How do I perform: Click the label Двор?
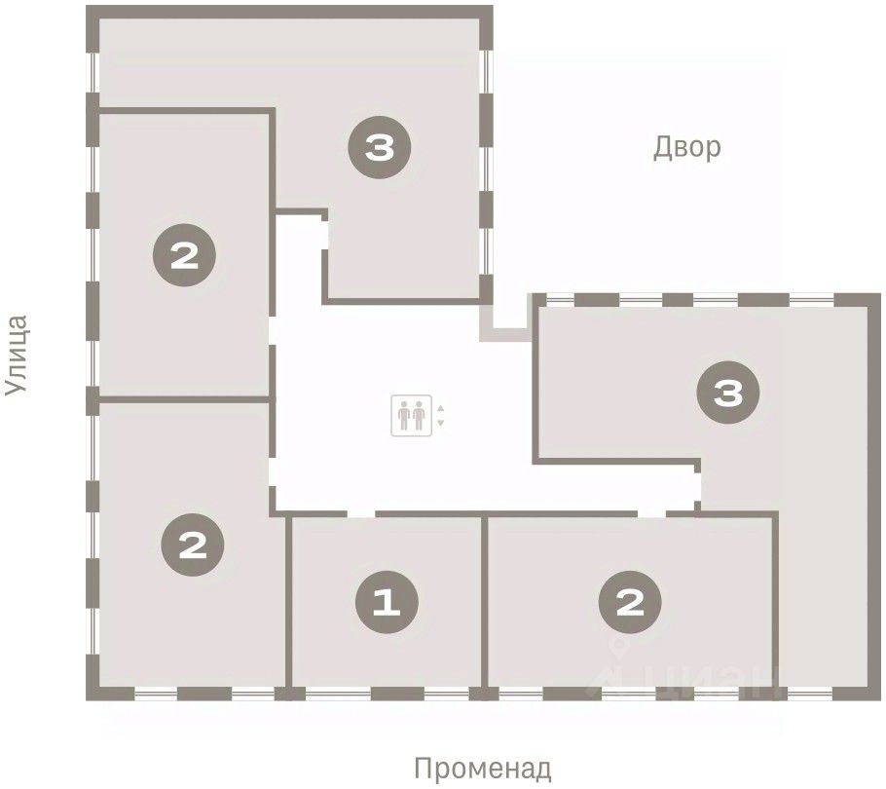pyautogui.click(x=686, y=147)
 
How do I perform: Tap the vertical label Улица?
pyautogui.click(x=16, y=356)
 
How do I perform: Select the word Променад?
pyautogui.click(x=483, y=769)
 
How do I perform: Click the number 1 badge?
pyautogui.click(x=388, y=602)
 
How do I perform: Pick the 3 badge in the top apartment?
pyautogui.click(x=379, y=147)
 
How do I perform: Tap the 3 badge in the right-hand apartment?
pyautogui.click(x=728, y=393)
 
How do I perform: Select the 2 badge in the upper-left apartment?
pyautogui.click(x=184, y=255)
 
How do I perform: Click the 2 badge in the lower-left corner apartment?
pyautogui.click(x=193, y=545)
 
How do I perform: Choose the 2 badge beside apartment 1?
pyautogui.click(x=630, y=602)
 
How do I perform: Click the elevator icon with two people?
pyautogui.click(x=411, y=415)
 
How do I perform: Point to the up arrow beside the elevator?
pyautogui.click(x=441, y=408)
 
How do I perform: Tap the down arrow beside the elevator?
pyautogui.click(x=441, y=423)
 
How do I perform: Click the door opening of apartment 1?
pyautogui.click(x=361, y=513)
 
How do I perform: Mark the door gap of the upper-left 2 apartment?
pyautogui.click(x=272, y=330)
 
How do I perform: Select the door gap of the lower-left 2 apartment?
pyautogui.click(x=272, y=471)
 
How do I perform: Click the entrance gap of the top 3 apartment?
pyautogui.click(x=325, y=235)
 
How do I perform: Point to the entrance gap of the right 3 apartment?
pyautogui.click(x=697, y=487)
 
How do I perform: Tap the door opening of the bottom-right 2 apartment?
pyautogui.click(x=652, y=513)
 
